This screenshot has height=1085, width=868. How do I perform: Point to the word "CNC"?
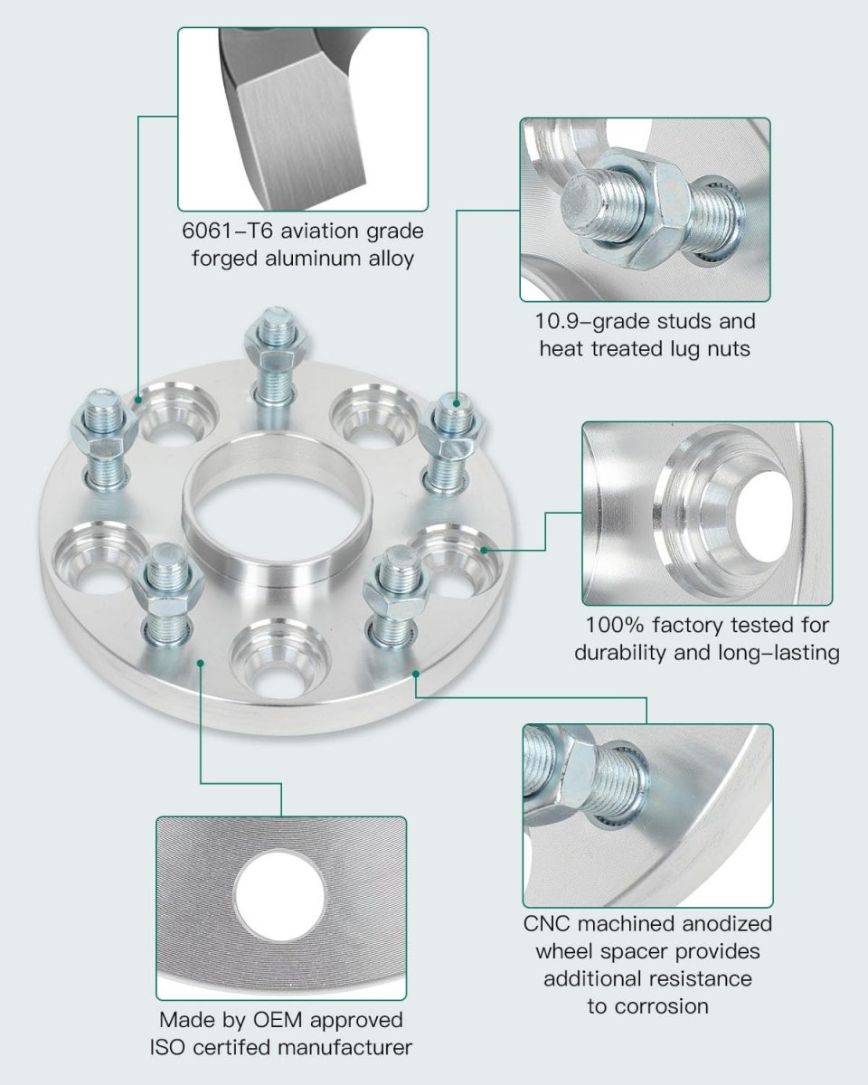click(546, 924)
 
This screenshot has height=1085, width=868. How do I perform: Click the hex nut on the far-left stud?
click(103, 435)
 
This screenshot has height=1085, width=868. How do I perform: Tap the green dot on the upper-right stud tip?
click(457, 403)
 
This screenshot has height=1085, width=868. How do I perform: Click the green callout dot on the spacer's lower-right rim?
click(416, 674)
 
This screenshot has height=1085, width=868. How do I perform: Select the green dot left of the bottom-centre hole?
click(200, 663)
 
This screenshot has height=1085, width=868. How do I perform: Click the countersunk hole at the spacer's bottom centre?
click(280, 660)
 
